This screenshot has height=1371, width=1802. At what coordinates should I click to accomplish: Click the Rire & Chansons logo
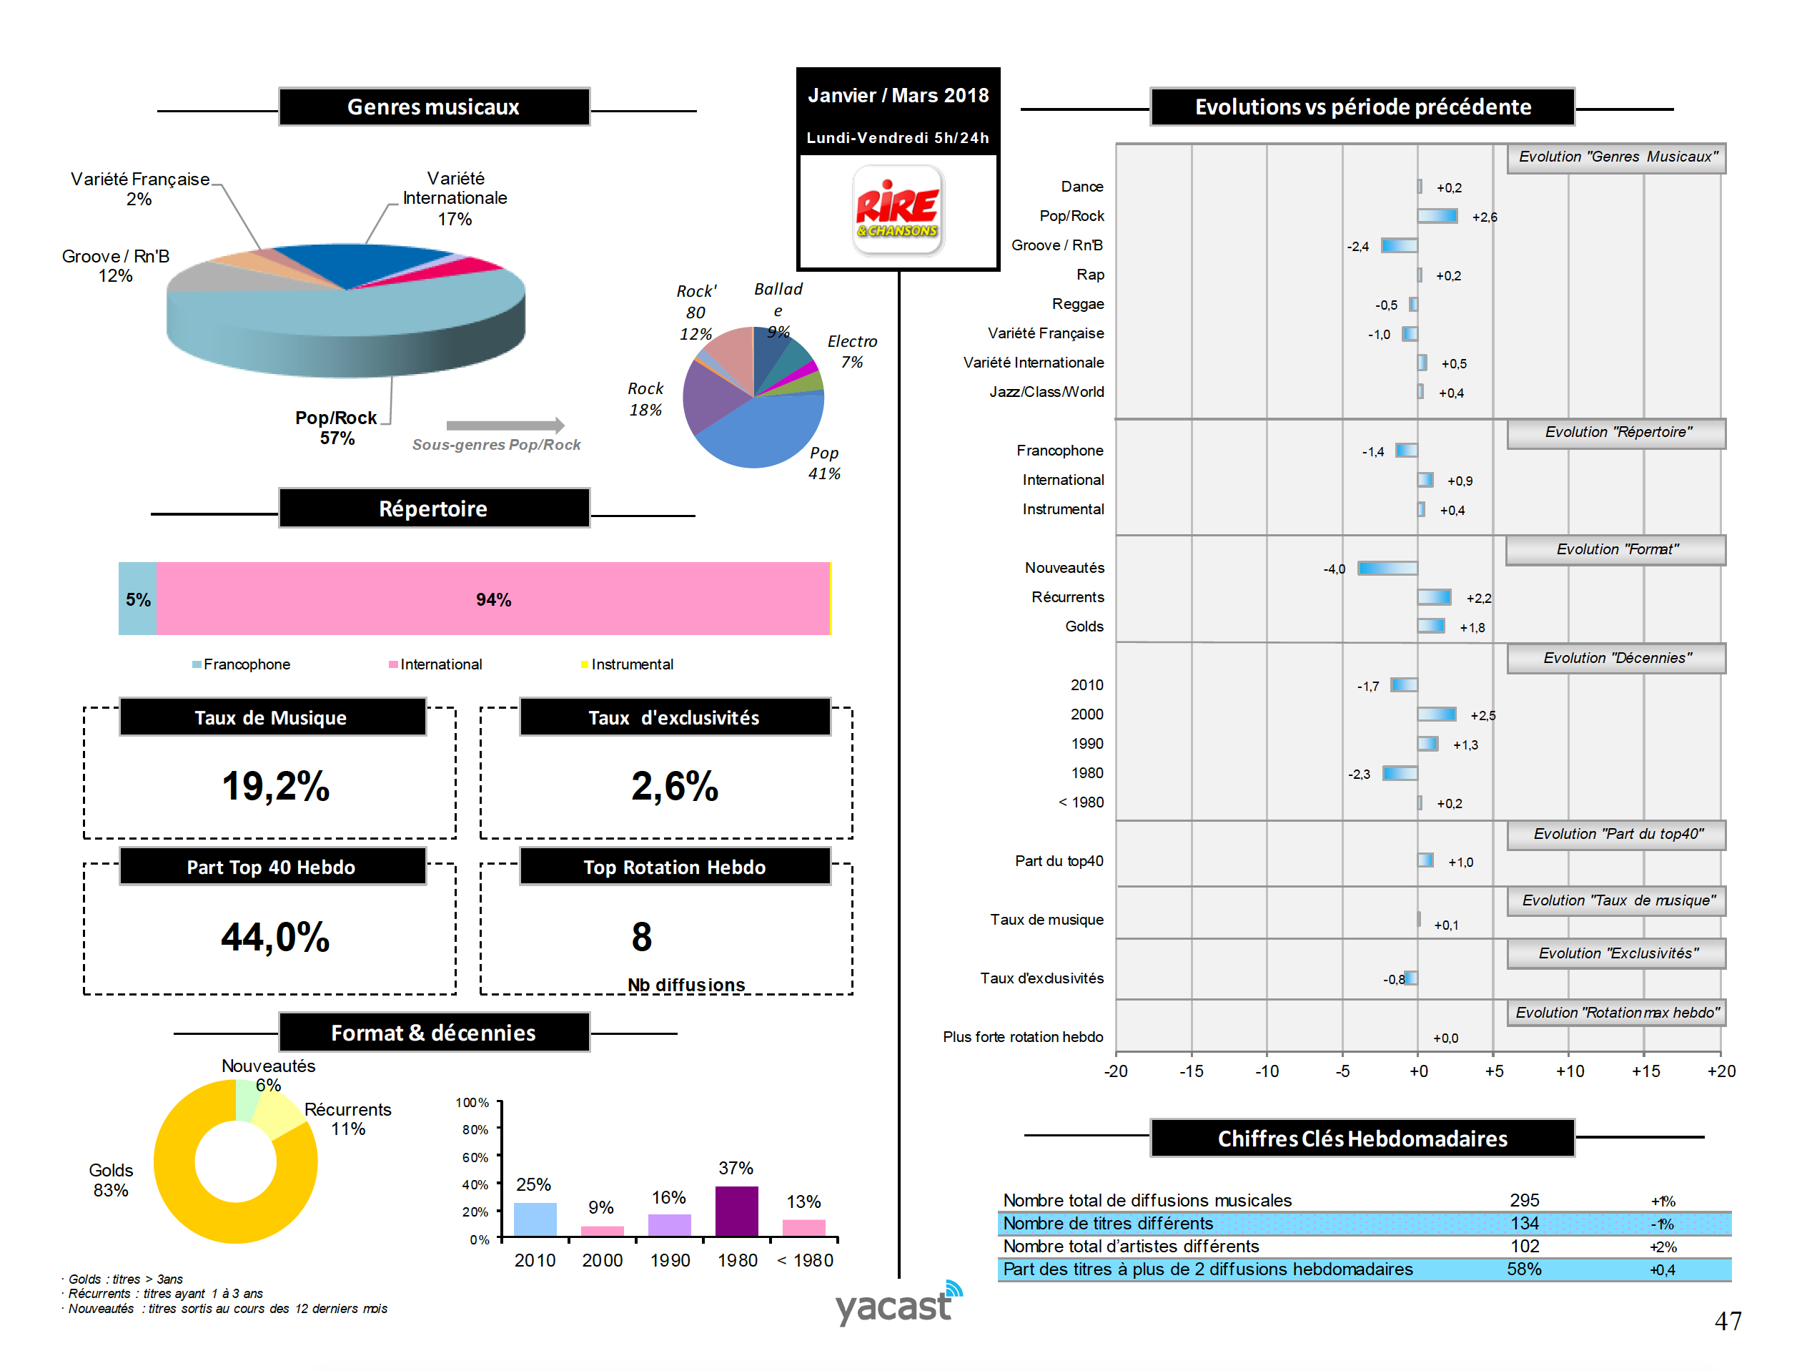click(x=897, y=210)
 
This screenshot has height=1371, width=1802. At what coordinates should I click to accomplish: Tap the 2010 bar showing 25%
click(x=535, y=1219)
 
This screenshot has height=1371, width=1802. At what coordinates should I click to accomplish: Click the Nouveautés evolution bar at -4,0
click(x=1387, y=568)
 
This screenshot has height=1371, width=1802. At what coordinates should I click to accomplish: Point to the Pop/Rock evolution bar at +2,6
click(x=1437, y=216)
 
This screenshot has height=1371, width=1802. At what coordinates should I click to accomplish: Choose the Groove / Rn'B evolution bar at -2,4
click(x=1399, y=245)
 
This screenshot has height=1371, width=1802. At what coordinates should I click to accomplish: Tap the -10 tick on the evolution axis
click(x=1266, y=1071)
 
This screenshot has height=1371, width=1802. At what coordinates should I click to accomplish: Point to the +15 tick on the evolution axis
click(x=1645, y=1071)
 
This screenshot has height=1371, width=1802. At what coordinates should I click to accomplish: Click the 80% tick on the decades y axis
click(x=475, y=1129)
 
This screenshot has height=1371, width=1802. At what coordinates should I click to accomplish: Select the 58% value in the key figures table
click(x=1524, y=1269)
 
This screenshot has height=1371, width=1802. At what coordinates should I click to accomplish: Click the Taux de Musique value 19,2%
click(x=276, y=787)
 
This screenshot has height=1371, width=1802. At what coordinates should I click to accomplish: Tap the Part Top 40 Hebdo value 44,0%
click(x=276, y=937)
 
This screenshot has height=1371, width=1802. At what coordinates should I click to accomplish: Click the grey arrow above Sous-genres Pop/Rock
click(x=505, y=425)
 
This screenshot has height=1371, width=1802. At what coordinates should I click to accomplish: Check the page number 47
click(x=1728, y=1320)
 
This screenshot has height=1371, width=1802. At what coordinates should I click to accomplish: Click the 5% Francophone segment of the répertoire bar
click(x=137, y=599)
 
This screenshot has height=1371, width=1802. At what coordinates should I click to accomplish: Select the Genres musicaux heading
click(x=433, y=107)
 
